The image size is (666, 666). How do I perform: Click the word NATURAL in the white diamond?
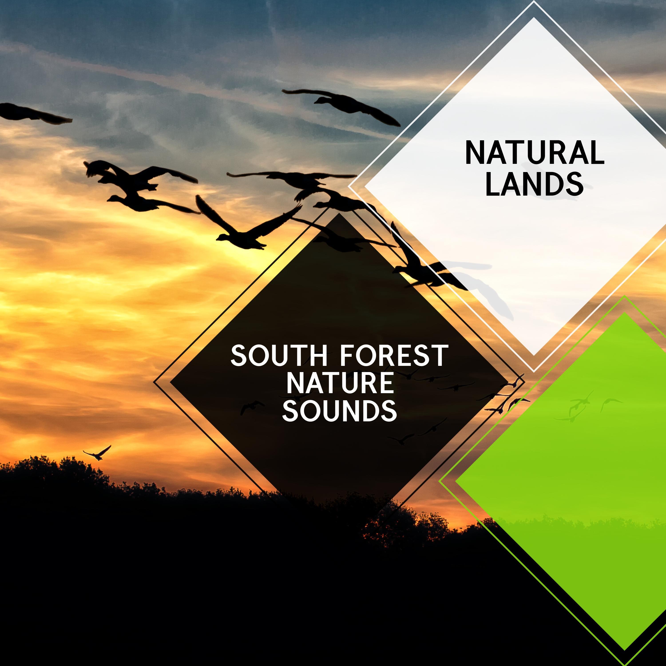click(535, 153)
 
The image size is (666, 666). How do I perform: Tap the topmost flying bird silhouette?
click(341, 106)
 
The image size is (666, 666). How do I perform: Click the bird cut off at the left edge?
click(34, 113)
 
